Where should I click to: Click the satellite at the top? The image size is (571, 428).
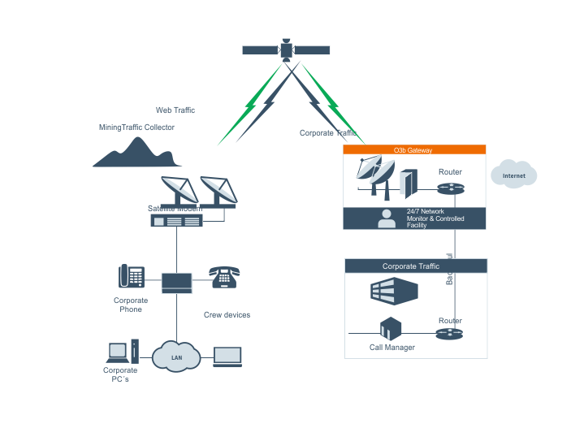click(286, 50)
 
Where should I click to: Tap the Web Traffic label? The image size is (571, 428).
click(175, 110)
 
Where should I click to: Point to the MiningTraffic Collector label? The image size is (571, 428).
click(136, 128)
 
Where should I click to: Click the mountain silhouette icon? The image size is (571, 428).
click(136, 153)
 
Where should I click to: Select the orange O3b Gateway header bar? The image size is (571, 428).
click(414, 150)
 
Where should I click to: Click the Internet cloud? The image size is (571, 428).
click(513, 175)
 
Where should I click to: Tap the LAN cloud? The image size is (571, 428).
click(176, 357)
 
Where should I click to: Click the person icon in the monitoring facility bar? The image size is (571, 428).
click(387, 218)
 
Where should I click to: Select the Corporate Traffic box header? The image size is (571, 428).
click(415, 266)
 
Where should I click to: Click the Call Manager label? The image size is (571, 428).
click(392, 348)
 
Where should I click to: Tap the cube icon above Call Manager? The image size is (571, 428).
click(391, 329)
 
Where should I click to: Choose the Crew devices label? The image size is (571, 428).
click(227, 315)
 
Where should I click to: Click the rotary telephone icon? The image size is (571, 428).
click(223, 277)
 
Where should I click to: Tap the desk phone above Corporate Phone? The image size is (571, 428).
click(132, 277)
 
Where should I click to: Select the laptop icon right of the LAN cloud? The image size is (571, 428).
click(227, 357)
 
